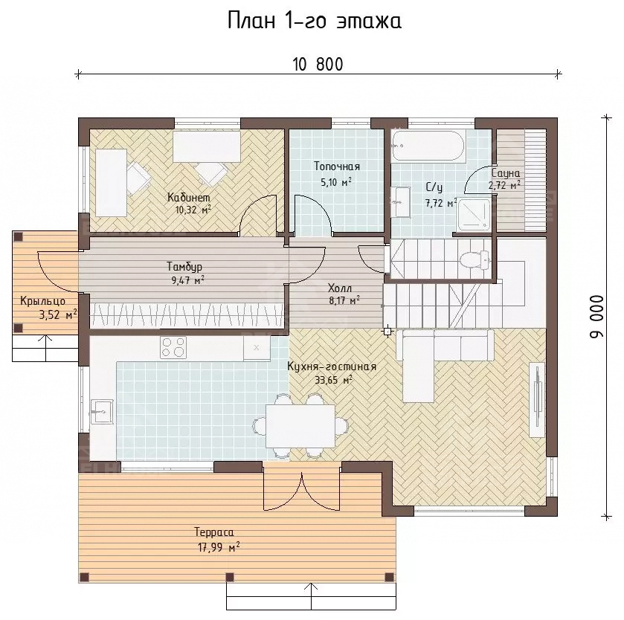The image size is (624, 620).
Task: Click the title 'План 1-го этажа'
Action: point(315,21)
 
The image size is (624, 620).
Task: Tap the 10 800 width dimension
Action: point(318,65)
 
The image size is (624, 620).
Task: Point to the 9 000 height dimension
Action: point(596,317)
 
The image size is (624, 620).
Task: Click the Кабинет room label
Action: point(189,197)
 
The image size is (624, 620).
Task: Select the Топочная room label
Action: point(337,167)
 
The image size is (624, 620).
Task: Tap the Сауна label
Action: point(506,173)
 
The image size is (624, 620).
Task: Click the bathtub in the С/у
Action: point(428,146)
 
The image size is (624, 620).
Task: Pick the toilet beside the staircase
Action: point(474,259)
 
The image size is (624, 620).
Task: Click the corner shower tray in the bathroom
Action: point(474,214)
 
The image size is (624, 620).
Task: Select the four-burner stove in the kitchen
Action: point(173,347)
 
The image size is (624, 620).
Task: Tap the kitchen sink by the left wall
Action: point(102,411)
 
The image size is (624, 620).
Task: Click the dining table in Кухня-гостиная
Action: point(300,426)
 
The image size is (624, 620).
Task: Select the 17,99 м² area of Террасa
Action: point(219,547)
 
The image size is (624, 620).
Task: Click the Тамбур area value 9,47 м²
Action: point(188,280)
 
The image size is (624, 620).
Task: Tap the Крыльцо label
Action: point(42,301)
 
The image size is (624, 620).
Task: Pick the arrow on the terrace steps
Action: point(311,599)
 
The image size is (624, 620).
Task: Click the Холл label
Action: point(339,288)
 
